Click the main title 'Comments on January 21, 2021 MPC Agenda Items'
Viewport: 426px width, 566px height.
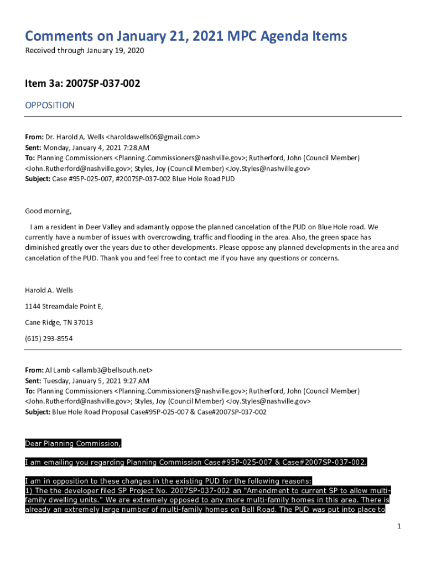point(186,36)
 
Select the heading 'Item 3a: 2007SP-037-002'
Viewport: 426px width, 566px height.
point(82,84)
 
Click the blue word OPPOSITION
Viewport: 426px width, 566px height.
point(50,105)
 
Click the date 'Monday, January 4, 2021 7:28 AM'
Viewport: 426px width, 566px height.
point(92,148)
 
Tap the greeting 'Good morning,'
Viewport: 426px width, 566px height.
point(48,211)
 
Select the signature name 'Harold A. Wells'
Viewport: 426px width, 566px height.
point(49,290)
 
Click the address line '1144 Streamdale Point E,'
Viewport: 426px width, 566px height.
point(64,306)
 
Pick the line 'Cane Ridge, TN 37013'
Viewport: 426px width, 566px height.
point(59,322)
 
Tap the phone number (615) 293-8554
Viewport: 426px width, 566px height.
point(49,338)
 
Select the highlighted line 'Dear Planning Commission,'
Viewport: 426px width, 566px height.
point(73,444)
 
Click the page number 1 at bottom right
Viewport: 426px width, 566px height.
point(398,526)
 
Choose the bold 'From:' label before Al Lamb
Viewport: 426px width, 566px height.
point(34,370)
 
